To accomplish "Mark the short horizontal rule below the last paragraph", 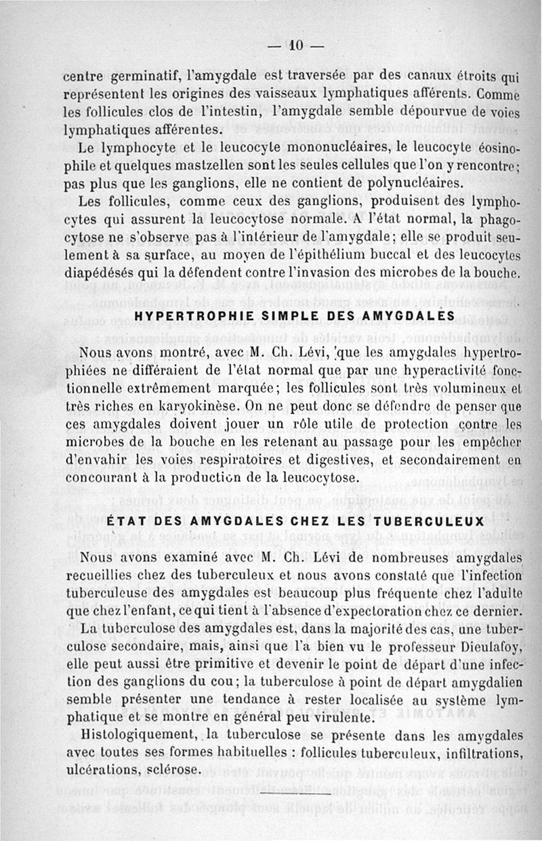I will (312, 794).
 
